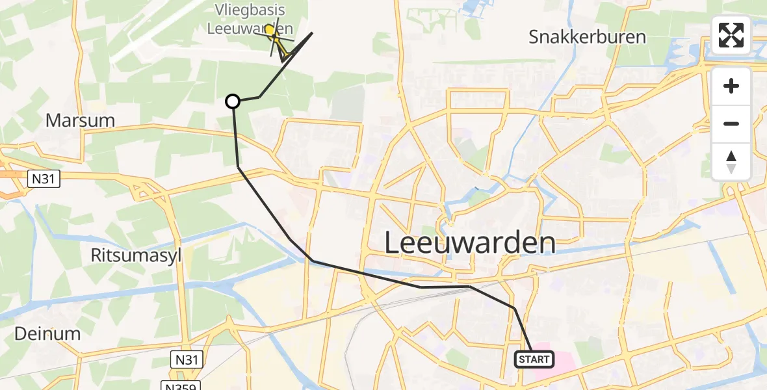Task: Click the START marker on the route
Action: click(x=534, y=359)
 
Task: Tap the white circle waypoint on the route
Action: click(x=233, y=101)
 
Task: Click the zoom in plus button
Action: click(x=731, y=86)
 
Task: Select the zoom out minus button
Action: click(x=731, y=123)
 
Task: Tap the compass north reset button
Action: click(x=731, y=161)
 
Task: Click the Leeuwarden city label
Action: click(x=470, y=243)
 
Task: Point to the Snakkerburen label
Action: click(x=587, y=36)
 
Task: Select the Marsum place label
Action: click(x=80, y=120)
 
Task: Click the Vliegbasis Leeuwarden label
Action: click(x=250, y=19)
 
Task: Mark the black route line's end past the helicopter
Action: click(x=313, y=32)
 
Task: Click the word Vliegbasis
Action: click(x=250, y=10)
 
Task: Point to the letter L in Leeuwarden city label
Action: click(x=394, y=243)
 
